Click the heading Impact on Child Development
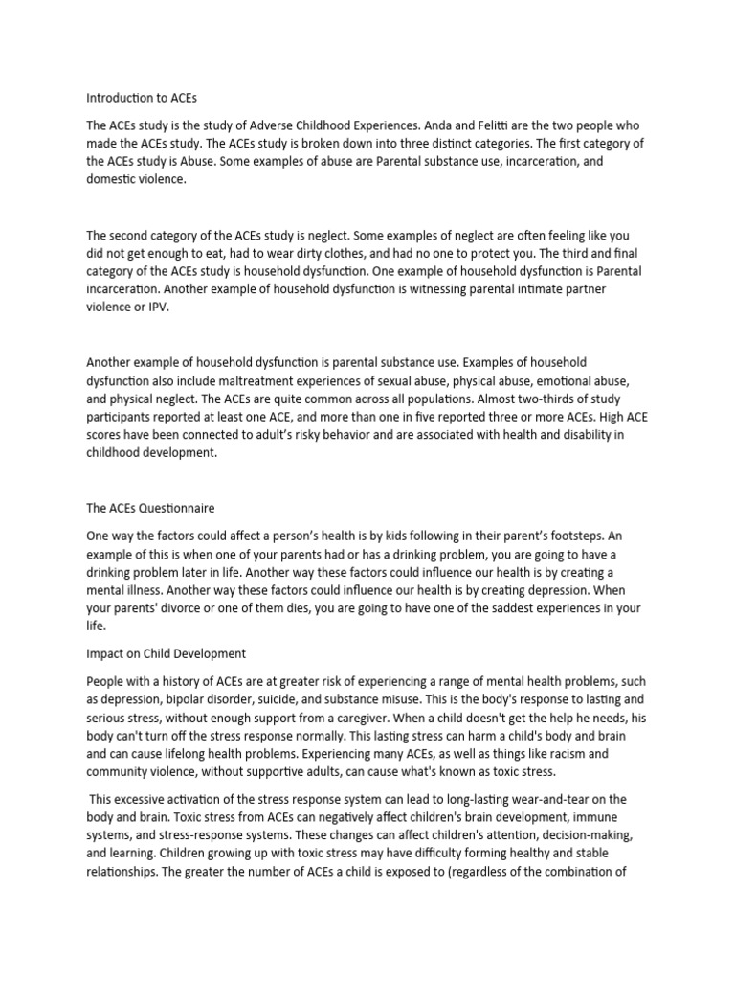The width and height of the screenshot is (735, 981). [x=167, y=653]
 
